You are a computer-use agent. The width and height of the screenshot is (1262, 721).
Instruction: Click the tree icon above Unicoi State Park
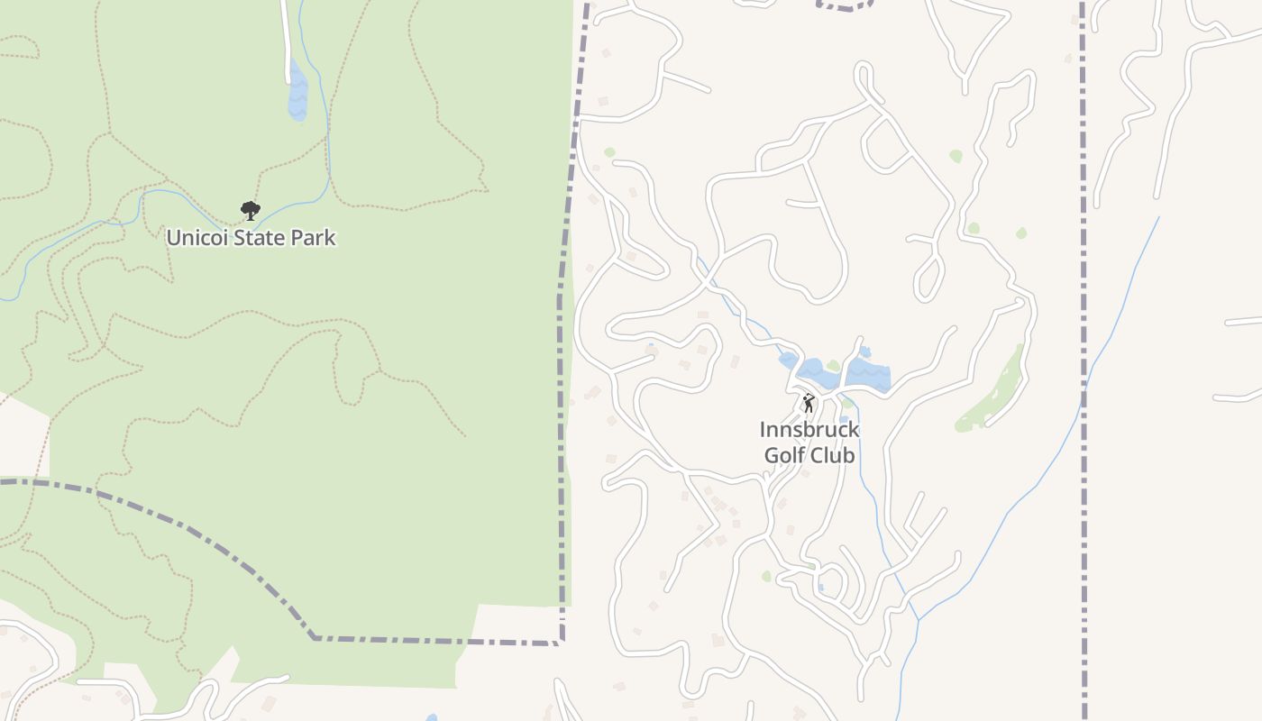pyautogui.click(x=251, y=211)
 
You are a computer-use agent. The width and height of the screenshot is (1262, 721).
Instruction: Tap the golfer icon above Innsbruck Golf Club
pyautogui.click(x=809, y=402)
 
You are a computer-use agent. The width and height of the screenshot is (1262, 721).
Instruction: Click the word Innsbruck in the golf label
pyautogui.click(x=809, y=430)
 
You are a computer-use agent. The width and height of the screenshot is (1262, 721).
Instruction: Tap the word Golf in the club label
pyautogui.click(x=784, y=455)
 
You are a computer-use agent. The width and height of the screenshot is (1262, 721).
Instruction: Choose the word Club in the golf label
pyautogui.click(x=832, y=455)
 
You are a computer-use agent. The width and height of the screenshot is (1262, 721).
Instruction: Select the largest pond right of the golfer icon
pyautogui.click(x=868, y=373)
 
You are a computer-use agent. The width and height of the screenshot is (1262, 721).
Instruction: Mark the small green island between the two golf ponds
pyautogui.click(x=834, y=366)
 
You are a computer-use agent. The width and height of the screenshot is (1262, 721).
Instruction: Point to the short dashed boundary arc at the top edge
pyautogui.click(x=846, y=8)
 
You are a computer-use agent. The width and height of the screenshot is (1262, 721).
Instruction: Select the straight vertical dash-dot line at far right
pyautogui.click(x=1083, y=360)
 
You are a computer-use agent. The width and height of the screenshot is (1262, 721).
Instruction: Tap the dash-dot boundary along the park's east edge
pyautogui.click(x=563, y=360)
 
